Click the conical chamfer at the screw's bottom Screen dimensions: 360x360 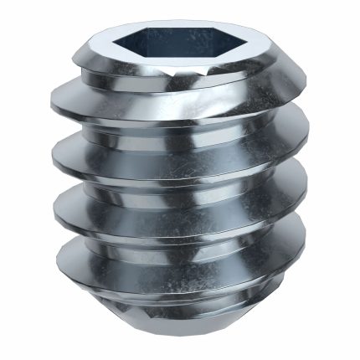tap(180, 310)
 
